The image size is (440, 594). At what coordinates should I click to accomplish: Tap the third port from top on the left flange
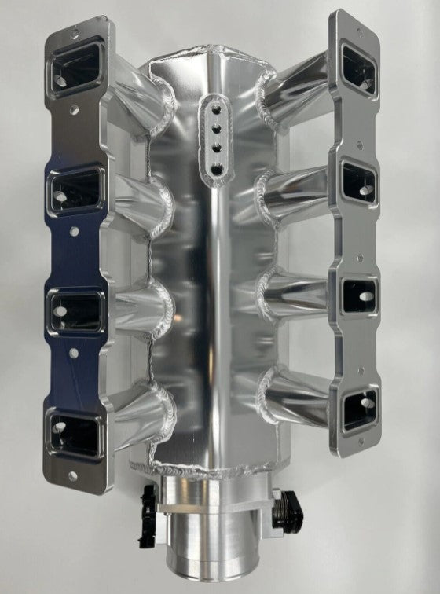pyautogui.click(x=76, y=310)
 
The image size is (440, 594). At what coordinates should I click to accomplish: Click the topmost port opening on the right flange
pyautogui.click(x=359, y=68)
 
